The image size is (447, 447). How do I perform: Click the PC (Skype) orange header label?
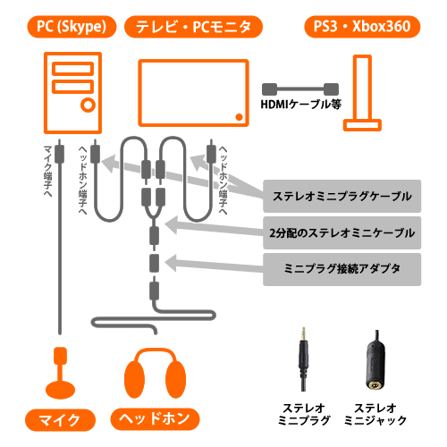[72, 27]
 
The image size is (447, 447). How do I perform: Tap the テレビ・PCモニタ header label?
[193, 27]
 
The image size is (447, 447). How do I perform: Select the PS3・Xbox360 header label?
[362, 27]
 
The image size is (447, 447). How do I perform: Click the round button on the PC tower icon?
[88, 105]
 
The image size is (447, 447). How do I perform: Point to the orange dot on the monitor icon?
[239, 117]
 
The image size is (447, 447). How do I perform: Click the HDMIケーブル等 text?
[301, 105]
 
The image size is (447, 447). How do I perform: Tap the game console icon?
[362, 93]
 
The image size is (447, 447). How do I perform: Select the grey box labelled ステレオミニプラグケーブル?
[342, 196]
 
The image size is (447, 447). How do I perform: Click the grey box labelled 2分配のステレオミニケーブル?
[342, 232]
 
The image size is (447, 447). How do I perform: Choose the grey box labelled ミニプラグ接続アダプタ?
[342, 269]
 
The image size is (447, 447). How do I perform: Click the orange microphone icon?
[60, 373]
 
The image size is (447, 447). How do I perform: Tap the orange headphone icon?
[155, 374]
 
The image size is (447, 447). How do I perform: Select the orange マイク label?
[60, 420]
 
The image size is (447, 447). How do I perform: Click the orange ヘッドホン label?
[155, 419]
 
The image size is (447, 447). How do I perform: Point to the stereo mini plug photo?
[303, 359]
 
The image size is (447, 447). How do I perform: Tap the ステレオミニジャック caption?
[375, 414]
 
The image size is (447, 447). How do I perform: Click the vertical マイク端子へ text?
[47, 172]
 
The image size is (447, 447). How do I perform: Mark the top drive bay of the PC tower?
[72, 69]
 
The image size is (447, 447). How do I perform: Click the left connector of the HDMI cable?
[269, 89]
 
